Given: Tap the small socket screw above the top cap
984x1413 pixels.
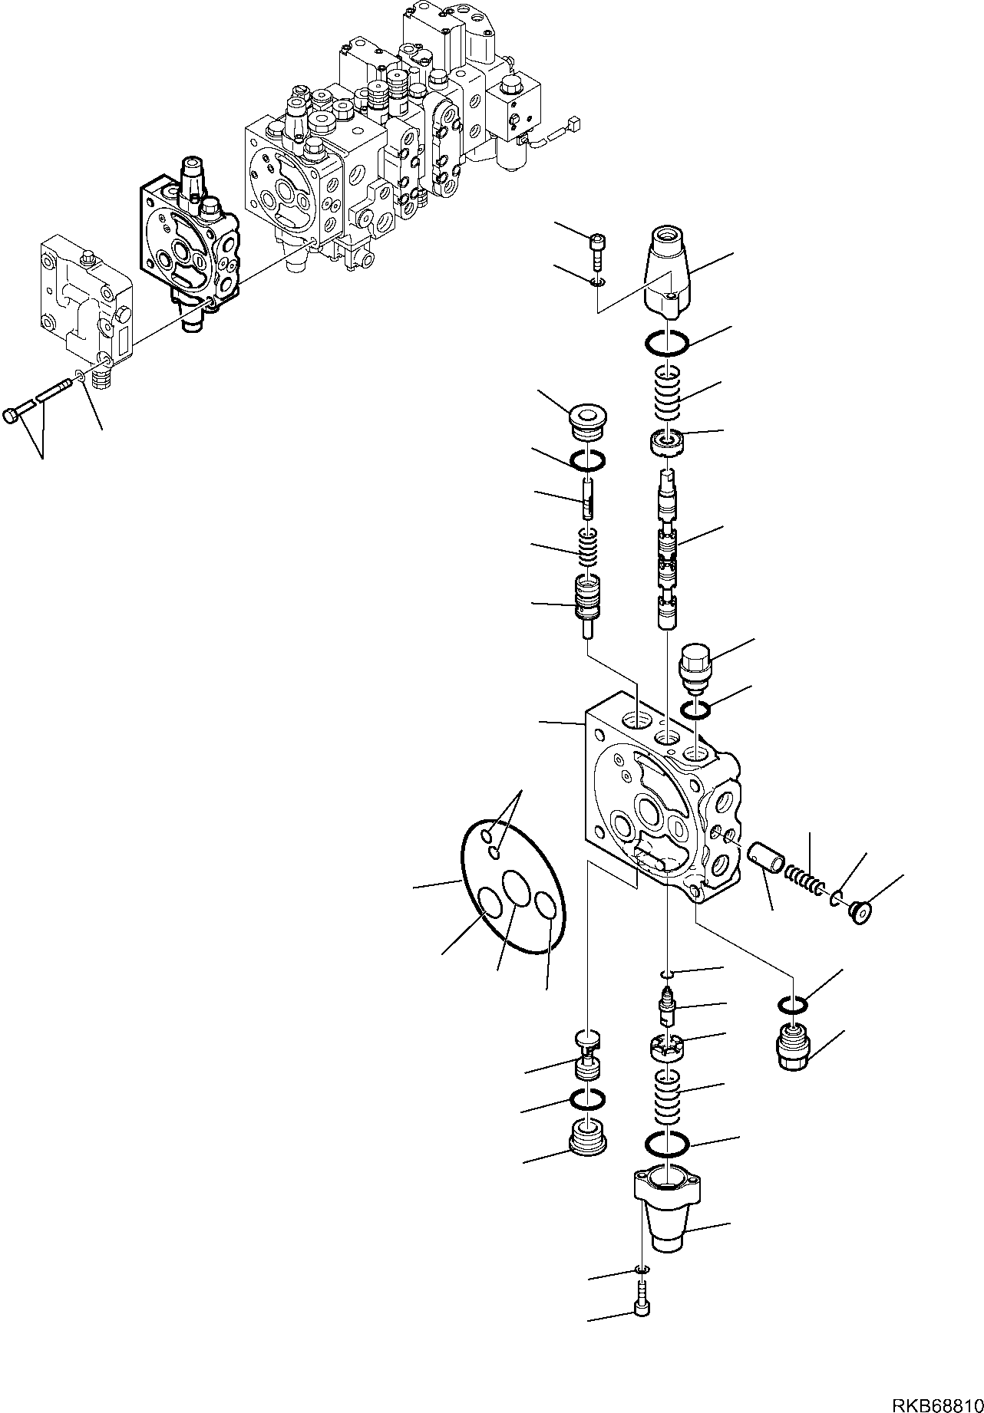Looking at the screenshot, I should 597,245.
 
